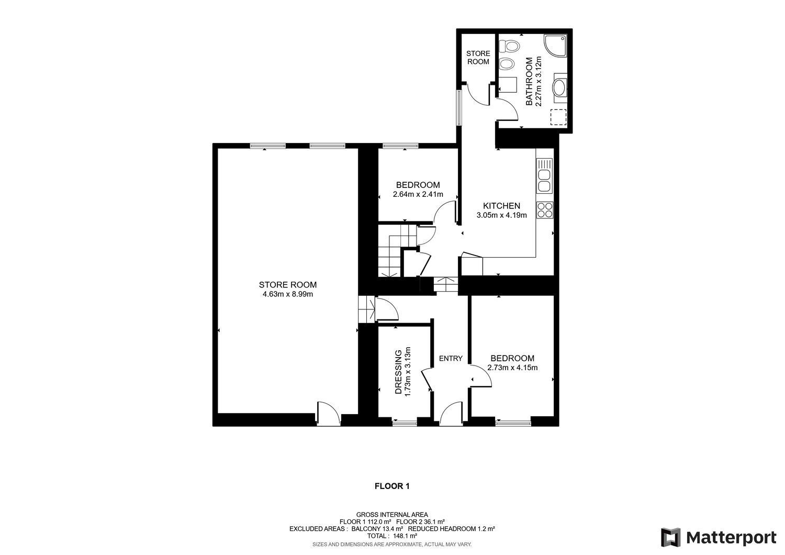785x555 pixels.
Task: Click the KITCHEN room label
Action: pos(501,206)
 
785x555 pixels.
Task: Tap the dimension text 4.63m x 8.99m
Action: pos(288,294)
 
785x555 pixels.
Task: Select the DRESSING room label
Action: pos(398,372)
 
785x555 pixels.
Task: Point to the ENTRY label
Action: pos(451,359)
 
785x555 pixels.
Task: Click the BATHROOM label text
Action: pos(529,82)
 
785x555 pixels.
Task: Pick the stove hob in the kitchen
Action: pos(545,209)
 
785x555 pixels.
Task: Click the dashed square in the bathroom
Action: pos(558,117)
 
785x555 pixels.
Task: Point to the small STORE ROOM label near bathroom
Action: pos(478,58)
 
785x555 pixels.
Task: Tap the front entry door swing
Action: pos(451,413)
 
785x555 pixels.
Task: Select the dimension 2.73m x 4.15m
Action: pos(512,368)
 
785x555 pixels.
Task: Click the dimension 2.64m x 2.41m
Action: pos(418,194)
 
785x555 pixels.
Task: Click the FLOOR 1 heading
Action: pos(392,486)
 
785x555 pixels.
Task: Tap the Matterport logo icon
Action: pos(670,537)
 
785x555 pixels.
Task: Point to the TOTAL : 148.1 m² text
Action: pos(392,536)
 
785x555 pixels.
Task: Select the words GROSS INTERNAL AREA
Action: pos(392,515)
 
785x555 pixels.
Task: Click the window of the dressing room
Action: pos(405,421)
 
